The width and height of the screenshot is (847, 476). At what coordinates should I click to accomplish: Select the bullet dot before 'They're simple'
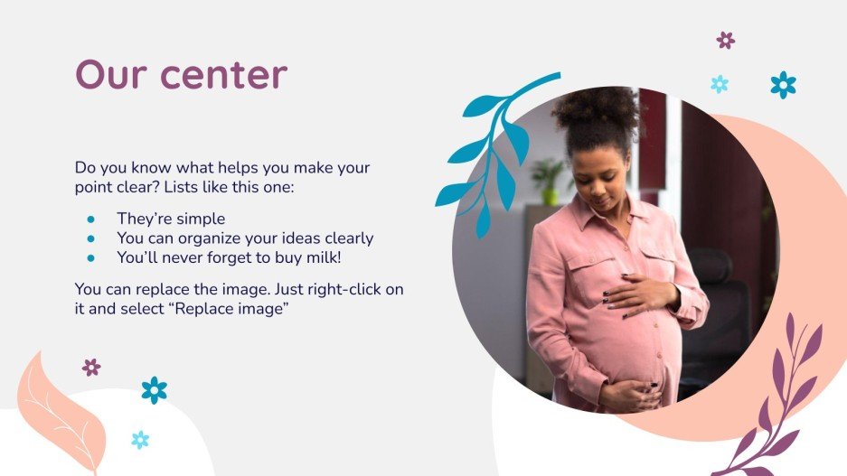pyautogui.click(x=90, y=219)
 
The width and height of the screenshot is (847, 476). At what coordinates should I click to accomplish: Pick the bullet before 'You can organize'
pyautogui.click(x=90, y=238)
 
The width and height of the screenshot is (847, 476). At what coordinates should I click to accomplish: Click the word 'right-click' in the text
pyautogui.click(x=347, y=289)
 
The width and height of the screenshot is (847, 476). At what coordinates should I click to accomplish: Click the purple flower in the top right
pyautogui.click(x=725, y=40)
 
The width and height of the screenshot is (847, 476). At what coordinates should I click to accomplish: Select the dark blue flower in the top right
pyautogui.click(x=783, y=85)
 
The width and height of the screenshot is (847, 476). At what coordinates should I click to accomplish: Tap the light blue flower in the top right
pyautogui.click(x=720, y=84)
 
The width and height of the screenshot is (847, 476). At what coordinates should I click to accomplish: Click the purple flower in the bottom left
pyautogui.click(x=91, y=367)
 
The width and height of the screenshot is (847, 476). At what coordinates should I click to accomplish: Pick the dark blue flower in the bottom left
pyautogui.click(x=154, y=390)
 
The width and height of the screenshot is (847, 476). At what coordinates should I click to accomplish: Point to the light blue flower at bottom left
pyautogui.click(x=140, y=440)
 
